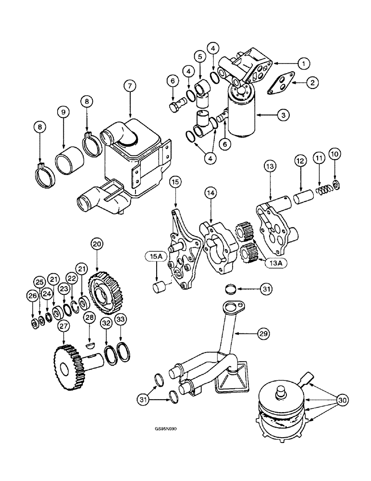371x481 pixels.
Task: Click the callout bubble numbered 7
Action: [x=129, y=86]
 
